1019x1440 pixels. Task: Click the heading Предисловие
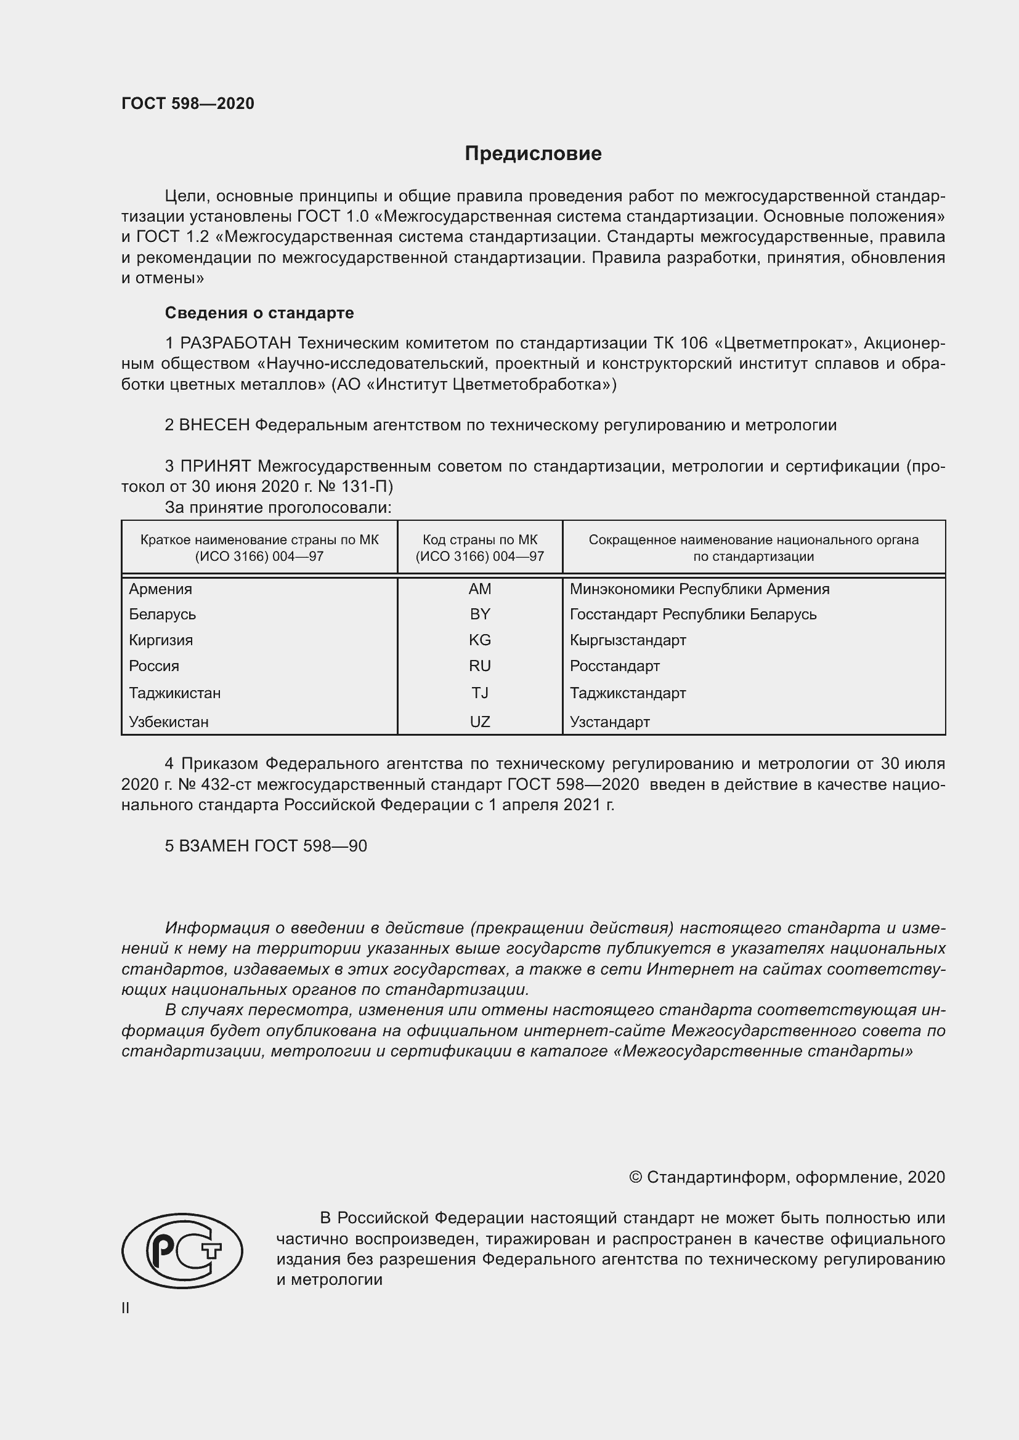[533, 154]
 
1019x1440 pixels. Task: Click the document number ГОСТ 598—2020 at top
[188, 103]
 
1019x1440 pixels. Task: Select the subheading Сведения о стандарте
[259, 312]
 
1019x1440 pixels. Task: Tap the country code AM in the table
[479, 589]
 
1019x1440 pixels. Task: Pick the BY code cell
[479, 614]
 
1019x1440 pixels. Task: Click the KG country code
[479, 640]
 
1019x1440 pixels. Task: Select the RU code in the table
[479, 666]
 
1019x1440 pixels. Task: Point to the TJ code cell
[479, 693]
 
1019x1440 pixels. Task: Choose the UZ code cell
[479, 722]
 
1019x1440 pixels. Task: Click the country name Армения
[161, 589]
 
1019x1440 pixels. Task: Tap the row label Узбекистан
[169, 722]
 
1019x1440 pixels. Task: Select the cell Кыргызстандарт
[627, 640]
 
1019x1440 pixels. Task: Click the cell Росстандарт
[614, 666]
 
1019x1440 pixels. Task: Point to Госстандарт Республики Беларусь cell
[692, 614]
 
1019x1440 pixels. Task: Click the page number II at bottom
[126, 1308]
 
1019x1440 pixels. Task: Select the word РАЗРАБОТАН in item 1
[235, 343]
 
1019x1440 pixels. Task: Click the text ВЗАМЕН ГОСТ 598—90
[273, 845]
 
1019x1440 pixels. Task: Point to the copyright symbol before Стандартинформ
[635, 1177]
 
